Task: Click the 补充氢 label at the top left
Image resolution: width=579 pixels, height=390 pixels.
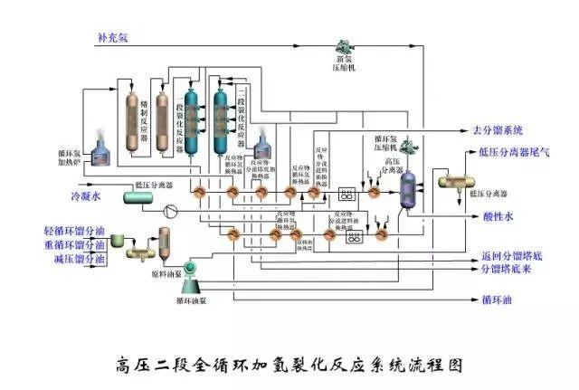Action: pyautogui.click(x=113, y=39)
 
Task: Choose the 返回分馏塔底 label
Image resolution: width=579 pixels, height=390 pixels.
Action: pyautogui.click(x=510, y=257)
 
